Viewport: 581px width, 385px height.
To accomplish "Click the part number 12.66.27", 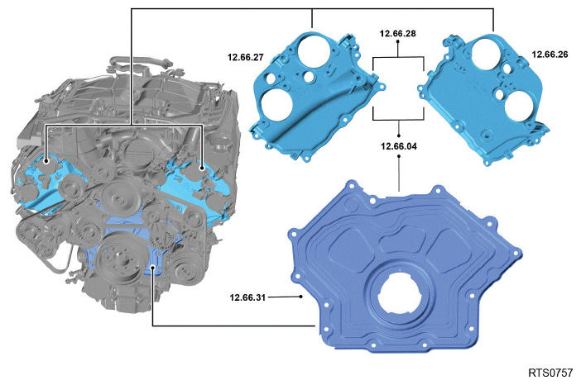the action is tap(246, 57).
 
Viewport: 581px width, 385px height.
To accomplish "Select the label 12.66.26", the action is tap(550, 55).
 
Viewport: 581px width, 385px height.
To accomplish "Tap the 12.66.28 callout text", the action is tap(398, 33).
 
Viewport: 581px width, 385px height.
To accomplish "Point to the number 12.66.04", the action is tap(399, 146).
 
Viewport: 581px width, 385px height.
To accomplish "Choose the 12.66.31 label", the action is tap(247, 297).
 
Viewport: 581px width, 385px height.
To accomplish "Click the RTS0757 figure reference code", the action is tap(550, 373).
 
